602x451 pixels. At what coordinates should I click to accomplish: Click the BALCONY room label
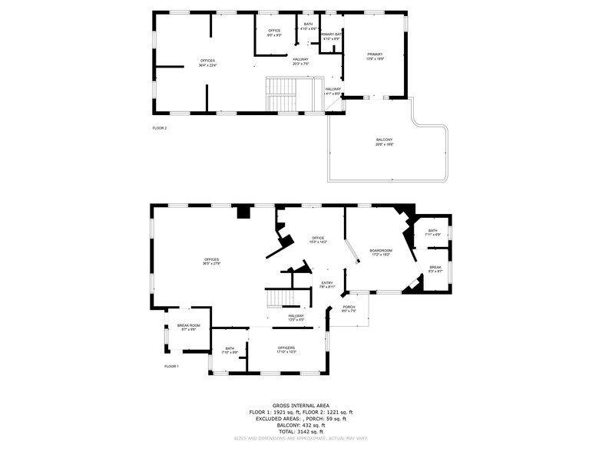tap(384, 140)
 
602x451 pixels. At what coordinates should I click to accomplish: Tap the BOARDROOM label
tap(381, 251)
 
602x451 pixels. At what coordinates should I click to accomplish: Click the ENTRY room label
tap(327, 283)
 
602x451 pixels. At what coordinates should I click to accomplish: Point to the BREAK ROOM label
tap(188, 326)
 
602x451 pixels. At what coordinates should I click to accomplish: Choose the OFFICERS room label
tap(286, 348)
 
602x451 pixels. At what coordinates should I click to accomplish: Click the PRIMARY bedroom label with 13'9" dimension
tap(375, 54)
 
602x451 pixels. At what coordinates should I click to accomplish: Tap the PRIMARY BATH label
tap(332, 35)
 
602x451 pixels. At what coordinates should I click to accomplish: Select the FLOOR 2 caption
tap(160, 128)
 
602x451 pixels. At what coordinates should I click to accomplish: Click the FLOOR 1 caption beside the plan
tap(171, 367)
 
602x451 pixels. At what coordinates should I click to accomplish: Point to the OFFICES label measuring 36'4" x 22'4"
tap(207, 61)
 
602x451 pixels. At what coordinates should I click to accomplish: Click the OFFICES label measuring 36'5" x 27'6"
tap(211, 259)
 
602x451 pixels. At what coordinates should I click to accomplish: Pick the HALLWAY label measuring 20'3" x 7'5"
tap(300, 59)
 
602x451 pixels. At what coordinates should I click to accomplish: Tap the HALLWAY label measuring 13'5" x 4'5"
tap(296, 316)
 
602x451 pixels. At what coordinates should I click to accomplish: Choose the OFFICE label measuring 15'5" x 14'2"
tap(318, 239)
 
